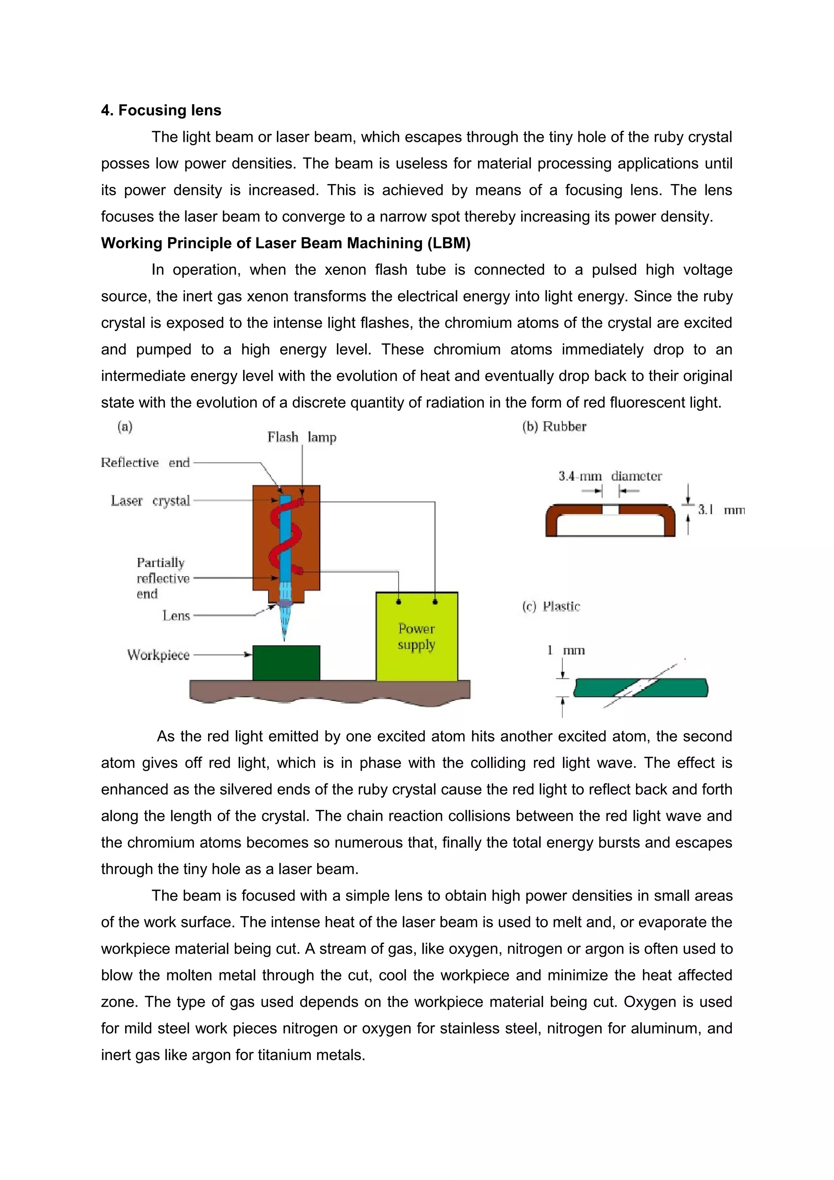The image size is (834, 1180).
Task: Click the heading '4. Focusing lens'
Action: point(161,110)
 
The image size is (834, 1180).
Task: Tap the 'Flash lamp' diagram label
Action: point(302,437)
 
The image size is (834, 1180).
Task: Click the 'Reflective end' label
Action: point(145,463)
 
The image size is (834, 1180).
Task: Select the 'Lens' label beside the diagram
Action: point(176,616)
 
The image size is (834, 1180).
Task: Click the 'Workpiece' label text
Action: point(158,655)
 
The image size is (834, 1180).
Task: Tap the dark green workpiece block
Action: point(286,663)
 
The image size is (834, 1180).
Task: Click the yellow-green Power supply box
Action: point(416,647)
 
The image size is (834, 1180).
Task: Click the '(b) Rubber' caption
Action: point(554,427)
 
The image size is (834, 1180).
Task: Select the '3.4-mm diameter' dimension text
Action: point(610,476)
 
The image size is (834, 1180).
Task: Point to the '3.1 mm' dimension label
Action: point(720,510)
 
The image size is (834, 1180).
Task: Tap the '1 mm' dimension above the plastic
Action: point(566,650)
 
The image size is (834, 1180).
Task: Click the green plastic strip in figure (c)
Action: point(678,688)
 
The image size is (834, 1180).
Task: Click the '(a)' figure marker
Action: point(125,427)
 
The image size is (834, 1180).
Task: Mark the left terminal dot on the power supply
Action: point(399,602)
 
